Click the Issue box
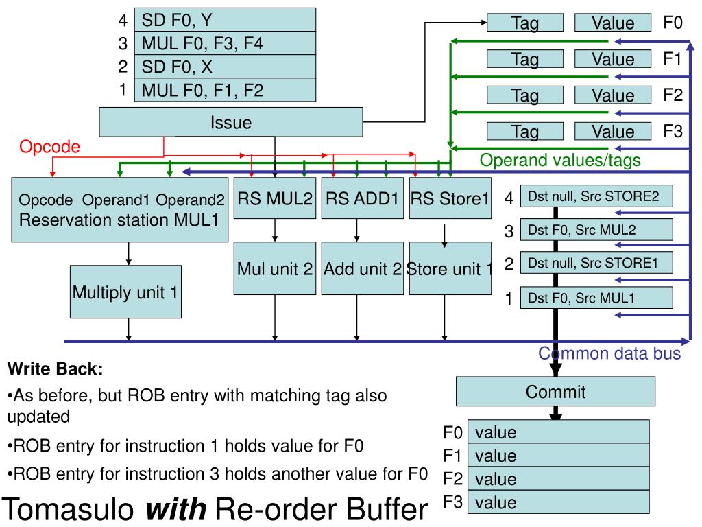click(231, 123)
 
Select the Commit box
click(555, 393)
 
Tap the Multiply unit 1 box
click(125, 293)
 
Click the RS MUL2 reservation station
click(275, 200)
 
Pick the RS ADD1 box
click(362, 200)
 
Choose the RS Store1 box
click(450, 200)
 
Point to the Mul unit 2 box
click(275, 268)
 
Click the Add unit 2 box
click(362, 268)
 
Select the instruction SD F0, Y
click(225, 20)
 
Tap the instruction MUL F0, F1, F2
click(225, 89)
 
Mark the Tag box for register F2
click(524, 95)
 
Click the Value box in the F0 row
click(613, 23)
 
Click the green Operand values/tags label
click(560, 161)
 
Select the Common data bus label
click(609, 354)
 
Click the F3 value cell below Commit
click(557, 502)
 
